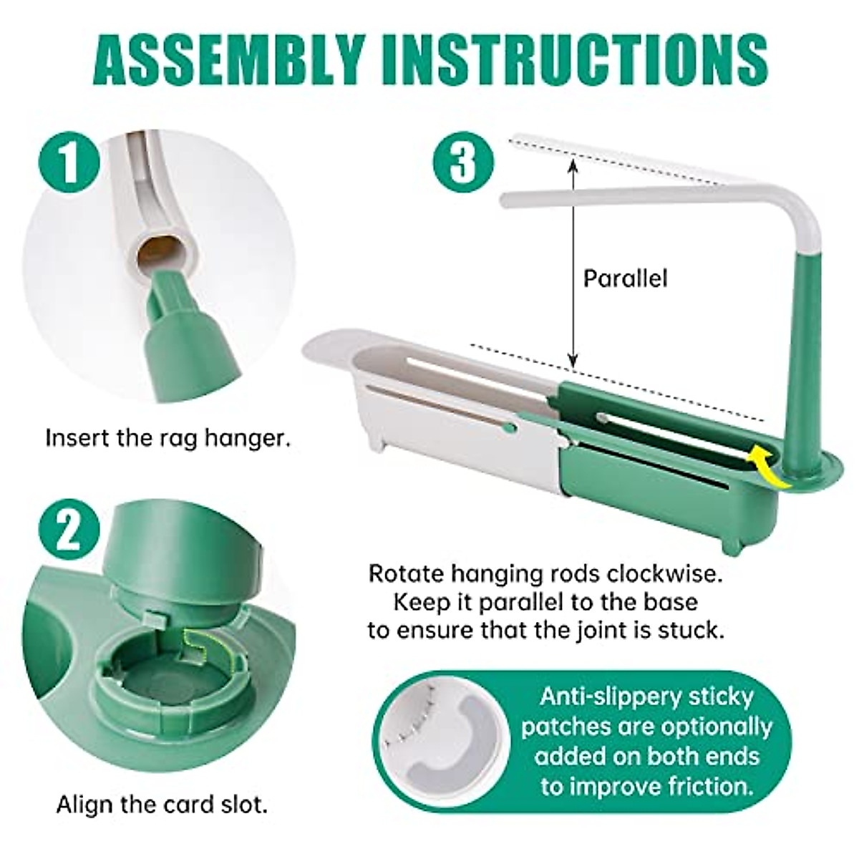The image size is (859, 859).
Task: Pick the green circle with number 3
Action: [x=463, y=162]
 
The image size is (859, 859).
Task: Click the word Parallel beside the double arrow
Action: [x=624, y=278]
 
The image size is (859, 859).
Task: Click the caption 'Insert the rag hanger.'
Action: [x=168, y=437]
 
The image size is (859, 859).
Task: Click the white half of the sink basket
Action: [x=437, y=429]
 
